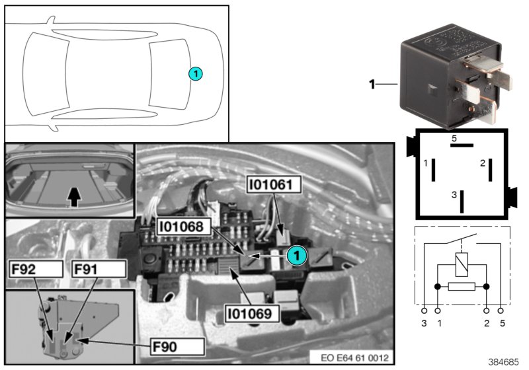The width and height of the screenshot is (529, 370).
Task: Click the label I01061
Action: pyautogui.click(x=274, y=185)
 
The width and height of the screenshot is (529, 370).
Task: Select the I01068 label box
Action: pyautogui.click(x=184, y=227)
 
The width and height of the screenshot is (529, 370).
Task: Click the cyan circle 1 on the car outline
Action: pyautogui.click(x=196, y=74)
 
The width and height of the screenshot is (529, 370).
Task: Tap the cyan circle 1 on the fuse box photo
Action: pyautogui.click(x=297, y=253)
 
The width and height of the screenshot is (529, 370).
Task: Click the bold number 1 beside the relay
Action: pyautogui.click(x=372, y=84)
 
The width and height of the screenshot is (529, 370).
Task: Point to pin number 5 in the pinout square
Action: pyautogui.click(x=454, y=139)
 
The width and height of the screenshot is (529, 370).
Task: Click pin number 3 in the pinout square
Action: pyautogui.click(x=454, y=195)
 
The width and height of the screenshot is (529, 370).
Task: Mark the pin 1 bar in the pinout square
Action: pyautogui.click(x=432, y=170)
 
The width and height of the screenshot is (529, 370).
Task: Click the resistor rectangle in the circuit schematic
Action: pyautogui.click(x=461, y=286)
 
